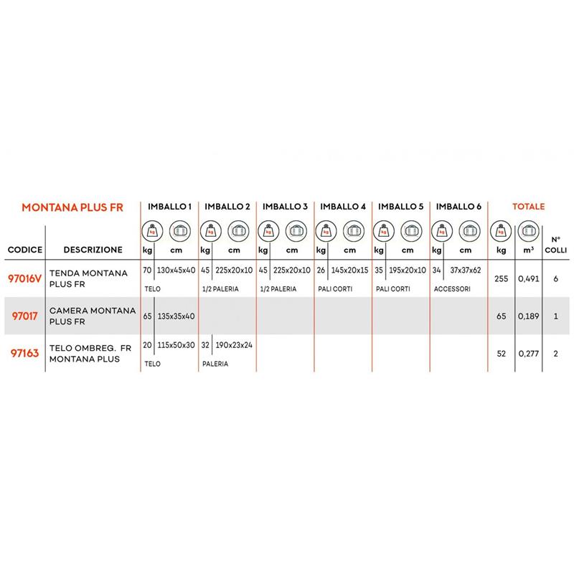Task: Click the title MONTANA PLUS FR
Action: pos(72,207)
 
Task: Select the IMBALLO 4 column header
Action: pos(343,207)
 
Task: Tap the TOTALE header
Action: pos(528,207)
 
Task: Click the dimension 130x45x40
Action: pos(177,273)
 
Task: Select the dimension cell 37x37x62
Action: pos(465,273)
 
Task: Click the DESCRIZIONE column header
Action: pos(92,250)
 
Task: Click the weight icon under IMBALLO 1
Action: pos(152,231)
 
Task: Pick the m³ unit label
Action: pos(528,250)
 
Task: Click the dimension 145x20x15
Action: pos(349,273)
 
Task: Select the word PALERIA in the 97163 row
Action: pos(215,364)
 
